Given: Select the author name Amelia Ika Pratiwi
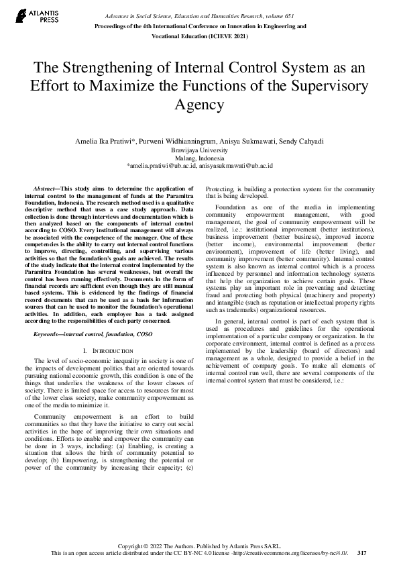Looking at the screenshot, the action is point(108,142).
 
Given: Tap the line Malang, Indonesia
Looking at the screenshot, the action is point(199,158).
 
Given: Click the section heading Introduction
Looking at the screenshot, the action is point(103,351).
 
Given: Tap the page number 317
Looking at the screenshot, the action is point(362,553).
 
